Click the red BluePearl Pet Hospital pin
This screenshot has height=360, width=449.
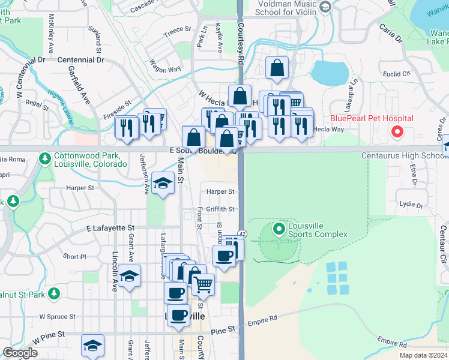397,132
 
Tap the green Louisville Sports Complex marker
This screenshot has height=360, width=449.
279,229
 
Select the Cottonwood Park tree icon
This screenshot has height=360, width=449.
44,158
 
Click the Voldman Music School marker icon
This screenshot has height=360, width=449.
326,7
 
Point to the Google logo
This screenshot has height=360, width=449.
20,353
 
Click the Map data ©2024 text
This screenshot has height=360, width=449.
423,355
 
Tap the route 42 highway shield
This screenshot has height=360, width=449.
241,233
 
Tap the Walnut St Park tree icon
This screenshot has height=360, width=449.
54,293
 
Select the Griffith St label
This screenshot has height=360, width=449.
220,209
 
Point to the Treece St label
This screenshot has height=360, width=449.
177,29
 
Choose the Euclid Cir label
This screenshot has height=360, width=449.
397,74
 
